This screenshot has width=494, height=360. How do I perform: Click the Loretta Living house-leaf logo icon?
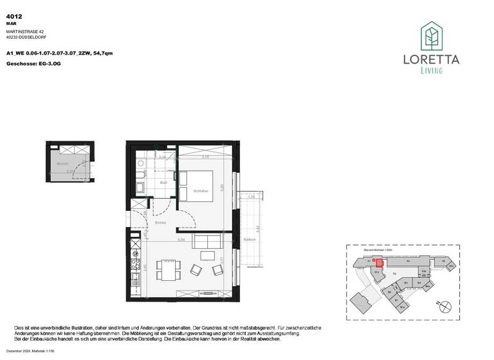(x=431, y=37)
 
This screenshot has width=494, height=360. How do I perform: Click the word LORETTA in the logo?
(x=431, y=60)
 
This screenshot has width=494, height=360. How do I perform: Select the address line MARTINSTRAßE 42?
(x=25, y=32)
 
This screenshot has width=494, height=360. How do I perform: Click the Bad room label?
(x=163, y=183)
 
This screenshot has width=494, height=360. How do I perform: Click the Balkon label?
(x=250, y=239)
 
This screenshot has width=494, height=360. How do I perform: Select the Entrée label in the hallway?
(x=161, y=222)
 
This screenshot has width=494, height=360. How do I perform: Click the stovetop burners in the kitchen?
(x=135, y=260)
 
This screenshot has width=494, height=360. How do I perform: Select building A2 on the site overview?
(x=408, y=262)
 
